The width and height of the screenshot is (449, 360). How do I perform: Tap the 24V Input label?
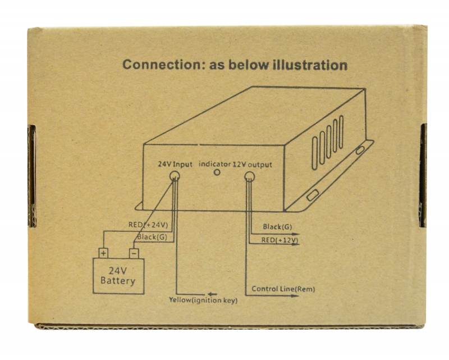[175, 165]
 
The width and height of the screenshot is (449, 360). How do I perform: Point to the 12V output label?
[253, 165]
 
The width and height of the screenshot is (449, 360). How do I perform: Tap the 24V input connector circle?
[175, 176]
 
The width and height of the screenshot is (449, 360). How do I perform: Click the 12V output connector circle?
[249, 177]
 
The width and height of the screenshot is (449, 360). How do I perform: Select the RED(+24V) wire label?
[148, 225]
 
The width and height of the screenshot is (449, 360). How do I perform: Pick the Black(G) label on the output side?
[276, 227]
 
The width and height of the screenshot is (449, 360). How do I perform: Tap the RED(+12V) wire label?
[279, 240]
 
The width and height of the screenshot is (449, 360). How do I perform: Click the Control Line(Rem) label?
[283, 289]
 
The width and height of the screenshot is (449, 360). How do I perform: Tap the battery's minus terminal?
[134, 253]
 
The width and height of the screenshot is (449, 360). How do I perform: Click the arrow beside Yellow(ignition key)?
[212, 293]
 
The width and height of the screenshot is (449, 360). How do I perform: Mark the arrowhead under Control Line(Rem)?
[296, 296]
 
